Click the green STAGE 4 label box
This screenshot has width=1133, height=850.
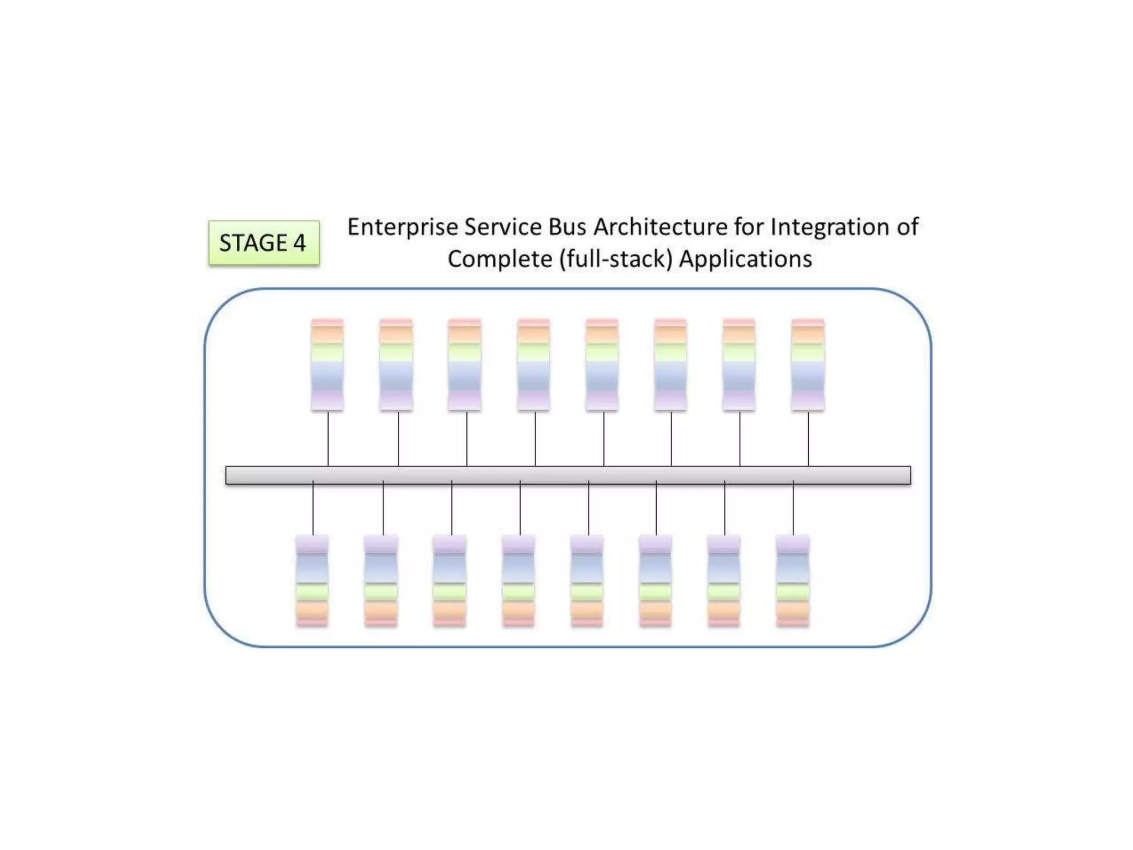(263, 243)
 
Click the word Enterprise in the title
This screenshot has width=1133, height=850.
(402, 227)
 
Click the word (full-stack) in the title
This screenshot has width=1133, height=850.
(615, 259)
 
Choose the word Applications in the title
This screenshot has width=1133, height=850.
(745, 259)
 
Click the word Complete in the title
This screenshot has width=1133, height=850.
(499, 259)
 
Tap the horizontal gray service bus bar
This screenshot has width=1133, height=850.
(568, 475)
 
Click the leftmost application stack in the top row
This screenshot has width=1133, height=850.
(327, 365)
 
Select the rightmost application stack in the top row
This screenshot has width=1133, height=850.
(808, 365)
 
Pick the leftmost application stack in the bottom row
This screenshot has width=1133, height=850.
(312, 581)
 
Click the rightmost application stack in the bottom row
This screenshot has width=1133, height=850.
(792, 581)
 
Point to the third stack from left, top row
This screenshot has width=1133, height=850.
(464, 365)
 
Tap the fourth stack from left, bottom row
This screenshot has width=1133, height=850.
(518, 581)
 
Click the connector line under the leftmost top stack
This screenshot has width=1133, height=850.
(328, 438)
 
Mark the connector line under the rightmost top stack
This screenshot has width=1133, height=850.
(808, 438)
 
